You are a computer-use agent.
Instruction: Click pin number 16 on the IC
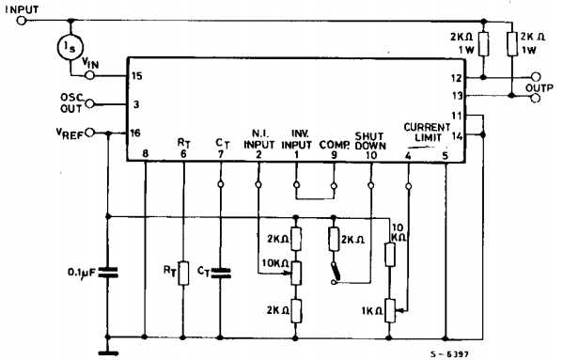pos(136,133)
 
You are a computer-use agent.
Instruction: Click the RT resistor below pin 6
pos(183,273)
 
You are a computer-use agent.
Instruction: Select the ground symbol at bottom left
pos(109,352)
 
